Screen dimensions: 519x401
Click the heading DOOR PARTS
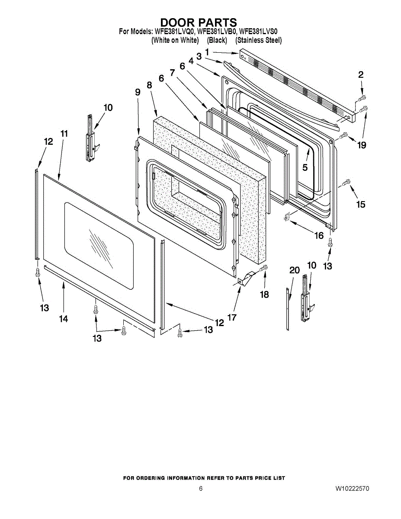point(199,22)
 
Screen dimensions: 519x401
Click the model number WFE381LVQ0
point(174,32)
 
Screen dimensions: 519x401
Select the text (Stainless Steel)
point(258,40)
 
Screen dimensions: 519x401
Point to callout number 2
point(360,74)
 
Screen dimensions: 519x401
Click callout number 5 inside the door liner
point(305,167)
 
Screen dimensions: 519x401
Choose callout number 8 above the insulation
point(149,85)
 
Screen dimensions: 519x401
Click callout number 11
point(64,134)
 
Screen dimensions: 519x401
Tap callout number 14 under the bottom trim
point(64,319)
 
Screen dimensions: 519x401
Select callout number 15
point(361,205)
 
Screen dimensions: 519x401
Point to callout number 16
point(319,236)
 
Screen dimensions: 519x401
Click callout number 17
point(232,317)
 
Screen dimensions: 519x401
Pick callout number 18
point(264,295)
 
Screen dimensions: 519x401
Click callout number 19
point(361,145)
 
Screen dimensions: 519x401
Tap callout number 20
point(294,270)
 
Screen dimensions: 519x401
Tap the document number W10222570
point(352,489)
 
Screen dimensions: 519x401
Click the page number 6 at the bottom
point(200,489)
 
